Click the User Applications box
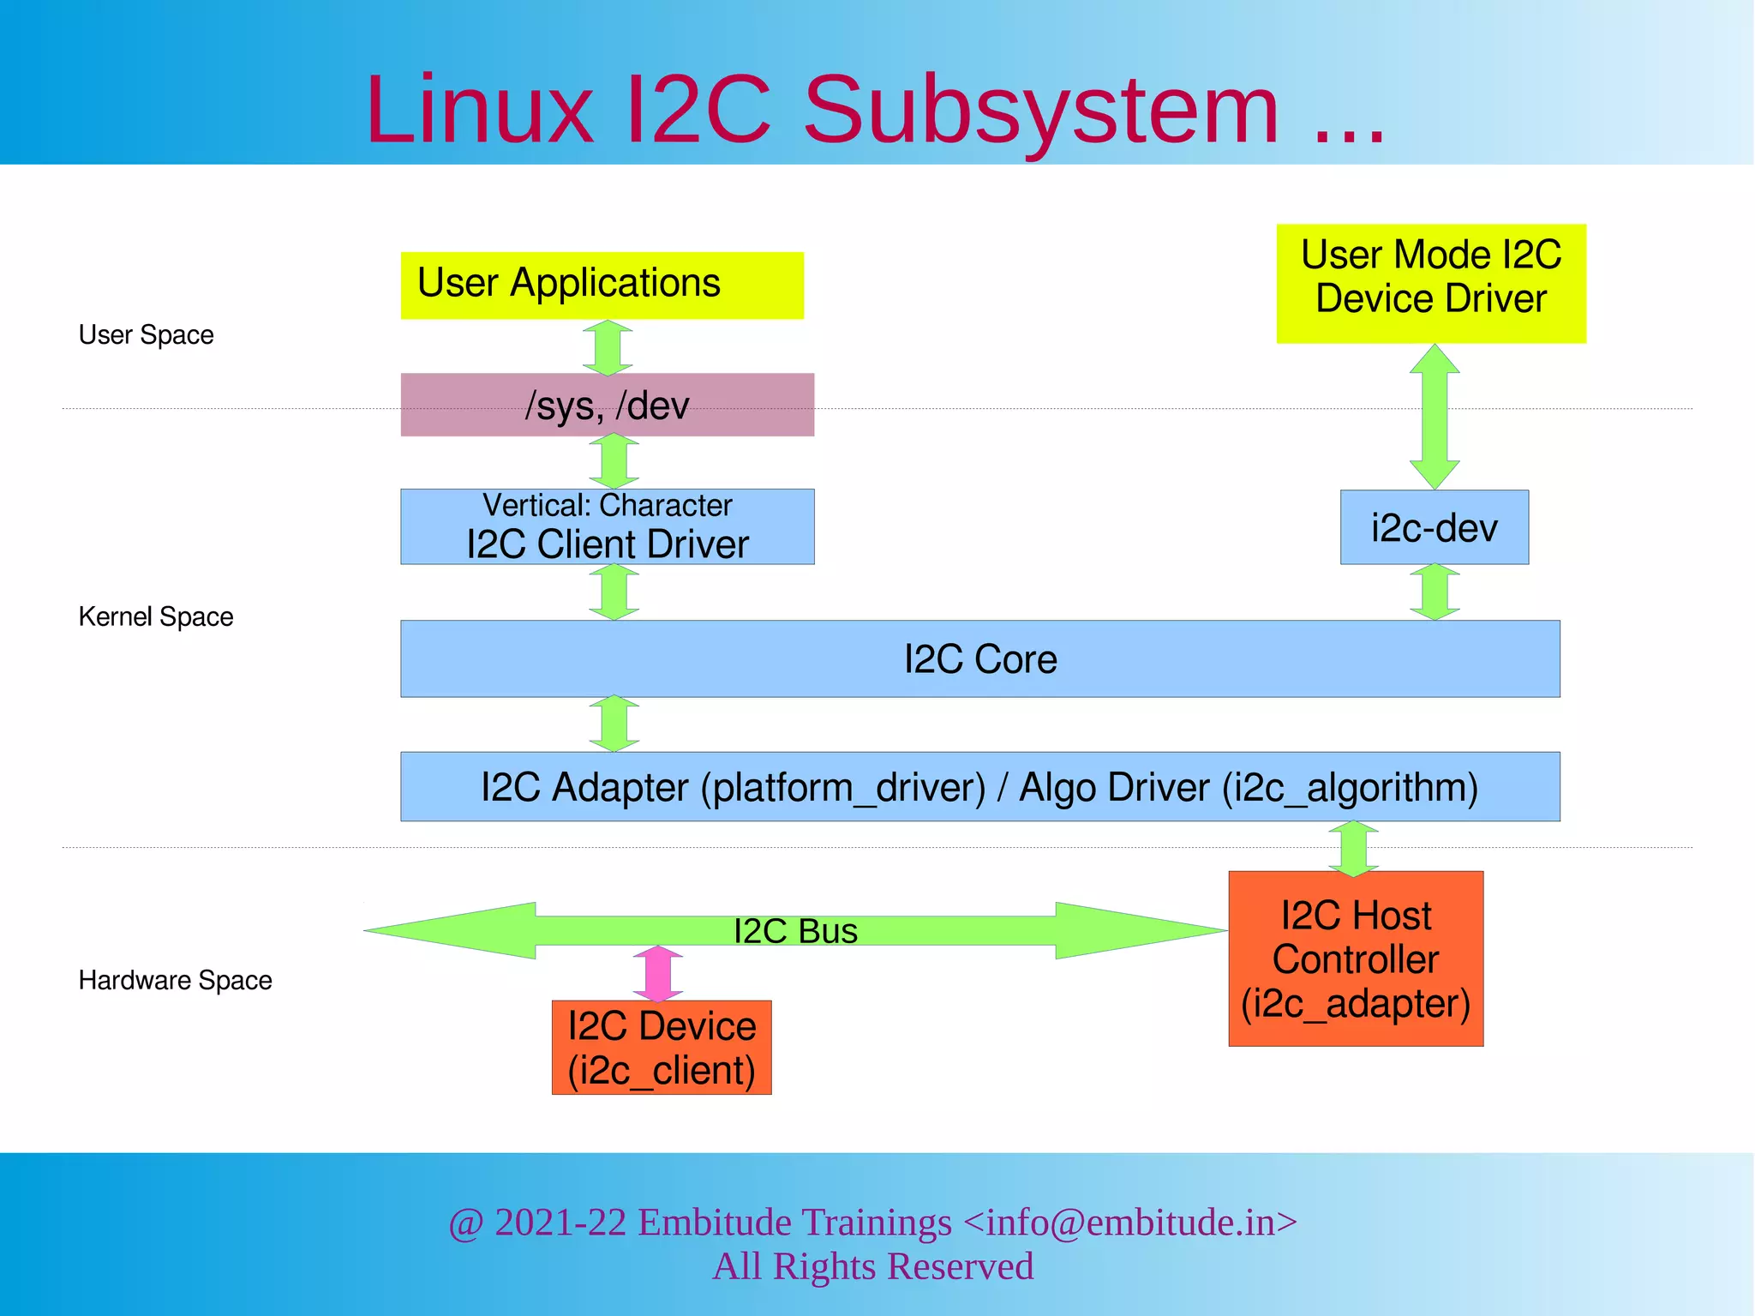[x=602, y=285]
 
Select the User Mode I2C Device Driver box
[x=1430, y=284]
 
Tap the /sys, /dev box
[x=607, y=405]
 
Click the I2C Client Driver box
[x=607, y=526]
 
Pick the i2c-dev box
[x=1434, y=527]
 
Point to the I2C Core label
[x=980, y=659]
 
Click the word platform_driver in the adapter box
[x=842, y=788]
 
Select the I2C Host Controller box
[x=1355, y=958]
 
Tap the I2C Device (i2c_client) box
[x=661, y=1048]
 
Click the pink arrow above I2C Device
[x=657, y=974]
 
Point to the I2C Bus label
[x=795, y=931]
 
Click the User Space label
[x=146, y=334]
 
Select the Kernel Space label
[x=155, y=616]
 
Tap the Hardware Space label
[x=175, y=980]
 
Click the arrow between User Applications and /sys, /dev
[x=608, y=347]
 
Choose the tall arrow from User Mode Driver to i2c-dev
[x=1435, y=417]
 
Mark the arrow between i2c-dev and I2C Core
[x=1435, y=592]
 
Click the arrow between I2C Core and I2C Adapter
[x=614, y=724]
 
